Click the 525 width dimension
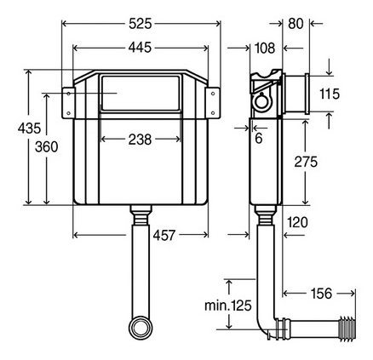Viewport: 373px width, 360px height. click(141, 24)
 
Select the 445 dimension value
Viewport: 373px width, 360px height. click(140, 48)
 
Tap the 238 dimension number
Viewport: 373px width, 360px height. click(140, 140)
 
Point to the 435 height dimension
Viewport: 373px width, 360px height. click(29, 129)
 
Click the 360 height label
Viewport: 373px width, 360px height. click(46, 147)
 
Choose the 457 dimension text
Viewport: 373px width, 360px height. click(164, 235)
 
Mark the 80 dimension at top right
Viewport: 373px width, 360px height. click(296, 24)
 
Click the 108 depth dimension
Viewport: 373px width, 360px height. click(265, 48)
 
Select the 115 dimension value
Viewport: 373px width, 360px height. click(330, 94)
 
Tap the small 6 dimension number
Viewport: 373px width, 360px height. click(259, 138)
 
